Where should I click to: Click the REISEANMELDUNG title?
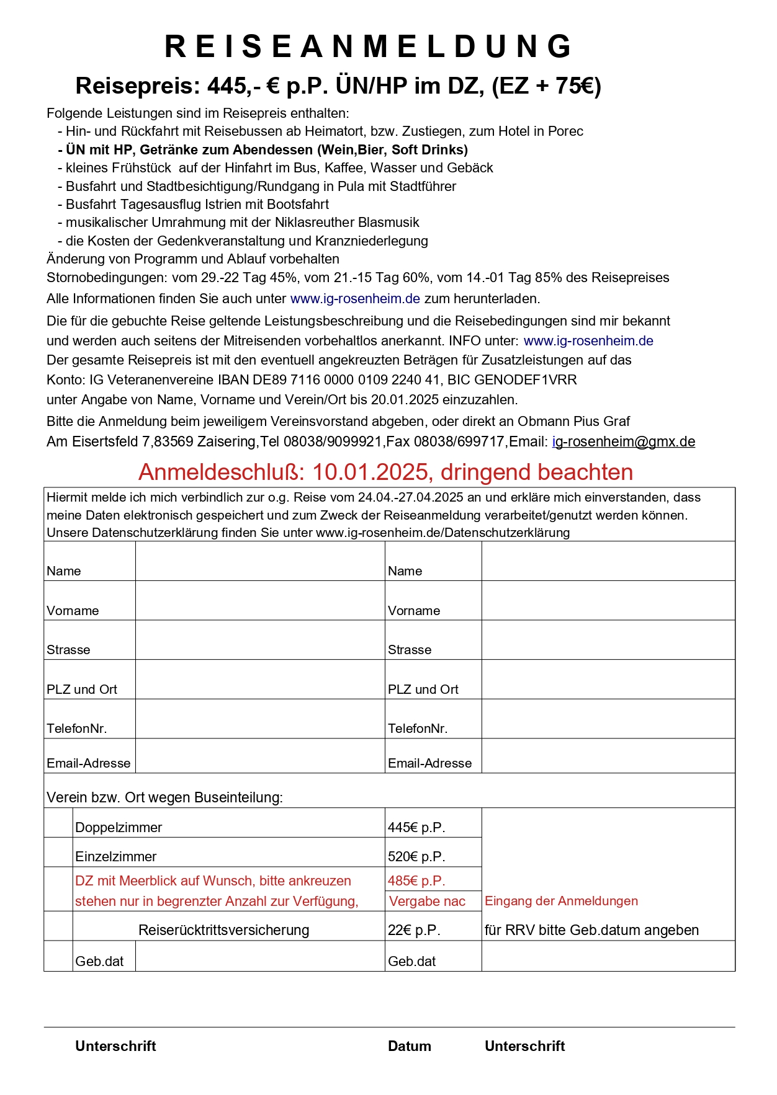[x=369, y=47]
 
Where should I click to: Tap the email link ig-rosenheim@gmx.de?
[x=623, y=442]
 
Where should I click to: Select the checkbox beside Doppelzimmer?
[x=58, y=823]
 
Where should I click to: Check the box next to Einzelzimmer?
[x=58, y=853]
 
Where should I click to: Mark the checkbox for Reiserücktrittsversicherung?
[x=58, y=926]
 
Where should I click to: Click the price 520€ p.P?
[x=416, y=857]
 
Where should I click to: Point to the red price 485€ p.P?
[x=416, y=881]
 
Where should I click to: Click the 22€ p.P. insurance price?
[x=414, y=931]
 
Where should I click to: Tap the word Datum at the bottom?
[x=409, y=1047]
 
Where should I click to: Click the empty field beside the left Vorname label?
[x=260, y=601]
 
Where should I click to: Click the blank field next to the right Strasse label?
[x=608, y=640]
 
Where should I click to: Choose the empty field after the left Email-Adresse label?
[x=260, y=756]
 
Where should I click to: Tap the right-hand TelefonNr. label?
[x=418, y=729]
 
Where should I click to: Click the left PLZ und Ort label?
[x=82, y=689]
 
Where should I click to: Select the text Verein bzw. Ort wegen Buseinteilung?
[x=164, y=798]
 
